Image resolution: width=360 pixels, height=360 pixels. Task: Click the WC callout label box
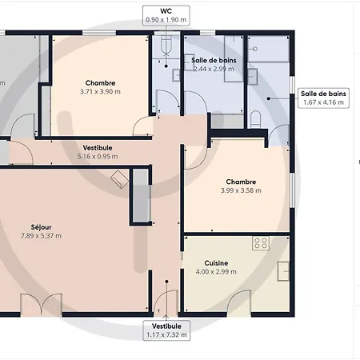click(x=166, y=15)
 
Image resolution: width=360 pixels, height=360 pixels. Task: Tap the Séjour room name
click(x=41, y=227)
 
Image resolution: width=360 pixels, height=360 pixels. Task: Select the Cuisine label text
click(x=216, y=263)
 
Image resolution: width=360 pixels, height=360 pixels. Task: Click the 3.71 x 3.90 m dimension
click(x=100, y=92)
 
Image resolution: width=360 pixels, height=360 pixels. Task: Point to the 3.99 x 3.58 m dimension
click(x=241, y=190)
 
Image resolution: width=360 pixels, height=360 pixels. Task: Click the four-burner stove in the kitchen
click(x=261, y=243)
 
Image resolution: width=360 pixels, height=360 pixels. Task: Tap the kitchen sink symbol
click(x=283, y=271)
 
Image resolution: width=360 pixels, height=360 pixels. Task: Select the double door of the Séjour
click(x=42, y=304)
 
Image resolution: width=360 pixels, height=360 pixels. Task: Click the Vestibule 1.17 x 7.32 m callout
click(x=166, y=330)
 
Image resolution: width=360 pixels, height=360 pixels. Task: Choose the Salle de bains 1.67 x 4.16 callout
click(x=323, y=98)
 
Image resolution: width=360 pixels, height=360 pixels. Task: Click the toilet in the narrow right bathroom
click(x=256, y=119)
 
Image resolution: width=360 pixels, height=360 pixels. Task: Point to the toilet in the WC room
click(x=166, y=46)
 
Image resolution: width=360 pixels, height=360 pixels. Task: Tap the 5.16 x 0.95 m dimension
click(x=98, y=157)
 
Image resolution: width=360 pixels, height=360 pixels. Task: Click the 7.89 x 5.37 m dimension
click(x=41, y=236)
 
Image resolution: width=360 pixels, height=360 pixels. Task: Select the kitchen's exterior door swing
click(x=239, y=302)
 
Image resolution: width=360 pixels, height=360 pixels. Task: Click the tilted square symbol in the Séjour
click(x=120, y=179)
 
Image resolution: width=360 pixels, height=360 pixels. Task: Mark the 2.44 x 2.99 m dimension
click(x=214, y=69)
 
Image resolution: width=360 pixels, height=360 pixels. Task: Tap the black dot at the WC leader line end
click(x=166, y=66)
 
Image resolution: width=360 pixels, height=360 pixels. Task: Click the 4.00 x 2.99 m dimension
click(x=216, y=272)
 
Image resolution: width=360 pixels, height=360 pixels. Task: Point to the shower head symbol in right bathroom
click(x=254, y=49)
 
